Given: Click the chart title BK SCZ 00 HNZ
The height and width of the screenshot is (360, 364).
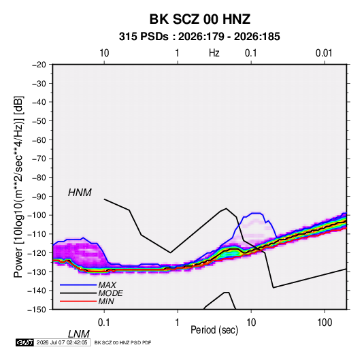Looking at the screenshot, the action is click(x=199, y=19).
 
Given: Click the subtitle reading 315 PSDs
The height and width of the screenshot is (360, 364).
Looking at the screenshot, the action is click(x=144, y=37).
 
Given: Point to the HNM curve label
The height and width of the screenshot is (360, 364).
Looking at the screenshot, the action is click(x=80, y=193).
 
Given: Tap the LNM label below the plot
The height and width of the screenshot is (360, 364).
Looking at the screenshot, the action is click(x=78, y=334).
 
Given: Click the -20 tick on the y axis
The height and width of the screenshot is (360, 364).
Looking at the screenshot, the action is click(x=39, y=65).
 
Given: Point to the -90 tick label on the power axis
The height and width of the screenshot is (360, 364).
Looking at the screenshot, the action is click(x=39, y=196).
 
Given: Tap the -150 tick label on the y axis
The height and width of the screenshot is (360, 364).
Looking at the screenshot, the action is click(x=37, y=310).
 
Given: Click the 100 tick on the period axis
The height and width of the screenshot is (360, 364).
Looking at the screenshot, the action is click(x=325, y=323).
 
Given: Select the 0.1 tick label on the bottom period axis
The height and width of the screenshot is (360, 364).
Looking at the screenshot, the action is click(x=104, y=323).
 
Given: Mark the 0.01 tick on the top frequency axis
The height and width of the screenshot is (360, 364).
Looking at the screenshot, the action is click(x=324, y=53).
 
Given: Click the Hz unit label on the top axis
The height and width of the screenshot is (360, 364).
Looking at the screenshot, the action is click(x=214, y=53).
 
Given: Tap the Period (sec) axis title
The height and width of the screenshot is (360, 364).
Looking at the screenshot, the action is click(x=214, y=330).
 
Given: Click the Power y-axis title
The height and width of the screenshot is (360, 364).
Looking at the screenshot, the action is click(x=18, y=186).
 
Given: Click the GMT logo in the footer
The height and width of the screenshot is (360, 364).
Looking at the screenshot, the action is click(x=24, y=342).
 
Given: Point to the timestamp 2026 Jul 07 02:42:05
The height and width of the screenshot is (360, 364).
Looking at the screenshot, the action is click(x=62, y=342).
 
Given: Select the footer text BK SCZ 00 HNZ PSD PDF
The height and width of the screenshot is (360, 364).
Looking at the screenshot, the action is click(x=122, y=342).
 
